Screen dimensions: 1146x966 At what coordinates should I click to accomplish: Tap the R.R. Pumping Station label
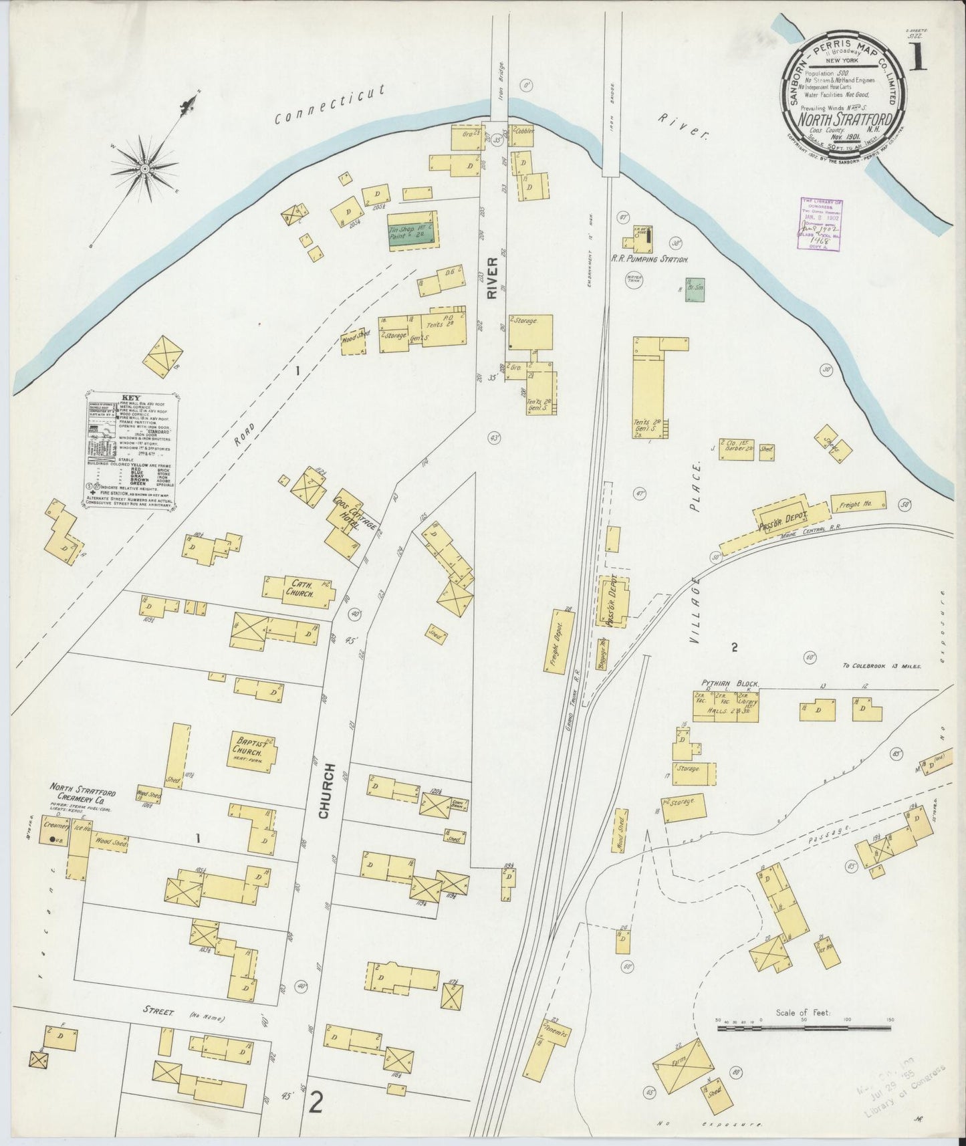650,258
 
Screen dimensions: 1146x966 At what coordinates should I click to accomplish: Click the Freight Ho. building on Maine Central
858,503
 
